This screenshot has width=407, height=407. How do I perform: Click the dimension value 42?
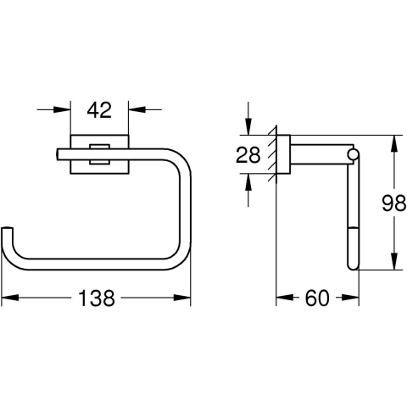(99, 110)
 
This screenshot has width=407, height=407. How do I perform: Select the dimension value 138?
(97, 298)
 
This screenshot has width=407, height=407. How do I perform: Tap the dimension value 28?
(248, 154)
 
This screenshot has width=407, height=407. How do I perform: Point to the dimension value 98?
(393, 203)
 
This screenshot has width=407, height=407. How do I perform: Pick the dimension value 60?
(317, 298)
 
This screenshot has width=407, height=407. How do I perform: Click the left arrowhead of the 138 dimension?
(10, 298)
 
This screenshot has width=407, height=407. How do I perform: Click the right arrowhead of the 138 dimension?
(182, 298)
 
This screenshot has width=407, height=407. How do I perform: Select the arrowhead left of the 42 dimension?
(62, 109)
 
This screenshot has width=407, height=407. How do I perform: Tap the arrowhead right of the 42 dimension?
(137, 109)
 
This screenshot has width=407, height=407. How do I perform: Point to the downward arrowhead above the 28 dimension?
(248, 126)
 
